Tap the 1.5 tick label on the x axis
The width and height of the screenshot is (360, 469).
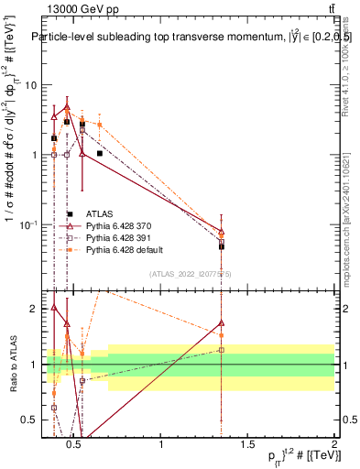[247, 446]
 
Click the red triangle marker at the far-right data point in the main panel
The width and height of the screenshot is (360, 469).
[222, 232]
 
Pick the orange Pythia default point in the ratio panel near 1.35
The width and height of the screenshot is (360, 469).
[222, 335]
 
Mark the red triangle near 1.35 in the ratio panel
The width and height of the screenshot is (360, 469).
[222, 322]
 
